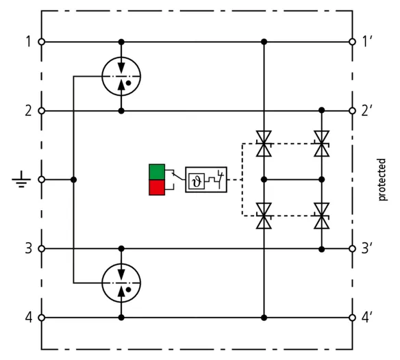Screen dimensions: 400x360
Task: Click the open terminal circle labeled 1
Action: pos(41,42)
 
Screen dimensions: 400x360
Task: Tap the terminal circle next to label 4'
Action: pos(352,318)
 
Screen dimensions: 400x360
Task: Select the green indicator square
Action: pos(157,172)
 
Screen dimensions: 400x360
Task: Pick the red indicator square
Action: pos(157,188)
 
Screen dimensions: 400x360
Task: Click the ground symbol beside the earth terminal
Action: pos(21,179)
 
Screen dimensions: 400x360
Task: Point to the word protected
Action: pos(382,179)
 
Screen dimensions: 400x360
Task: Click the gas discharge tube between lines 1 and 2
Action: pos(121,76)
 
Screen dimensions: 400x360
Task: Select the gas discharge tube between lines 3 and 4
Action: pos(121,283)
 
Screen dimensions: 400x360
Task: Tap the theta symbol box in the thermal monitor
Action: pos(197,181)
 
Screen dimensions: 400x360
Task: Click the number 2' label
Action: pos(367,111)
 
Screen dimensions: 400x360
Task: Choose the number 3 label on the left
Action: pos(29,248)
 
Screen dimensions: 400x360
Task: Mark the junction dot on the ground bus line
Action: pos(73,180)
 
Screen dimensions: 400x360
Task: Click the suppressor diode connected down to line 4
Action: pos(264,216)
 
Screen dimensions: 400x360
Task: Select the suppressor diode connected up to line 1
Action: pos(264,144)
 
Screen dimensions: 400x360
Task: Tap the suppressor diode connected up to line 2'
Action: pos(322,144)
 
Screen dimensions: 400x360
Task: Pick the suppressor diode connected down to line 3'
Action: pos(322,216)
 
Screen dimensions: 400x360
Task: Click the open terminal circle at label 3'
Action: pos(352,248)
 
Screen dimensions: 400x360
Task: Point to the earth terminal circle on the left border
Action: pos(41,179)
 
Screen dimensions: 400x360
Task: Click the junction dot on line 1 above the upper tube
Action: pos(121,42)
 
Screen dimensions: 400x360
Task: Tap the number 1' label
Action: pos(367,42)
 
